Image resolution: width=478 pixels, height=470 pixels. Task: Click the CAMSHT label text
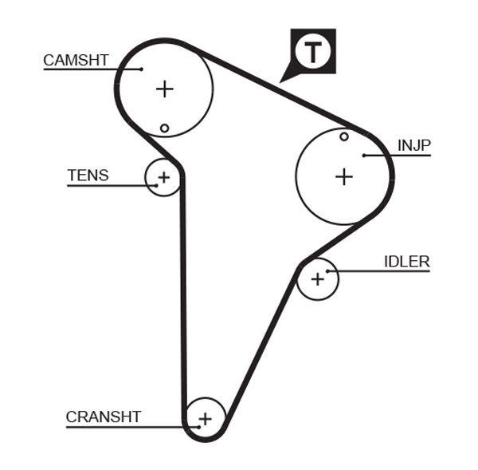pos(76,60)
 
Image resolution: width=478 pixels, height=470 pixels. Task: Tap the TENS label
pos(88,176)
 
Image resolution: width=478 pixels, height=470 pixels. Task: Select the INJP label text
pos(413,145)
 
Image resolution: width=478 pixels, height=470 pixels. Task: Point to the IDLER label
pos(406,262)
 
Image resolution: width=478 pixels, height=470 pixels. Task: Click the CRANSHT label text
pos(104,417)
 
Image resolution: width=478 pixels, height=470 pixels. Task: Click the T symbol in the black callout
pos(313,52)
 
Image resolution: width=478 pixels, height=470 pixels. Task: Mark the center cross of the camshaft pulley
pos(164,89)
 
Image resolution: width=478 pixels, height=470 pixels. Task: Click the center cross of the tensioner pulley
pos(163,177)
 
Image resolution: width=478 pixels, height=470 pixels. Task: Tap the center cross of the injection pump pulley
pos(343,176)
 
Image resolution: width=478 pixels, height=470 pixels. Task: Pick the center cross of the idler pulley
pos(318,278)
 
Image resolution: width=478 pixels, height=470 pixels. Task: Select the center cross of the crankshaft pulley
pos(205,417)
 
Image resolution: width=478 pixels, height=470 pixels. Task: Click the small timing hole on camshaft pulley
pos(164,128)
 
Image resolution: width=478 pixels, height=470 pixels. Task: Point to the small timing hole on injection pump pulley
pos(344,136)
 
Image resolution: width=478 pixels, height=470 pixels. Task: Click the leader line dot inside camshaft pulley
pos(141,69)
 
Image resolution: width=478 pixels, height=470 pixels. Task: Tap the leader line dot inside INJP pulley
pos(363,155)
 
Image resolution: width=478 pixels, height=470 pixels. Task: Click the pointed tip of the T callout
pos(281,81)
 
